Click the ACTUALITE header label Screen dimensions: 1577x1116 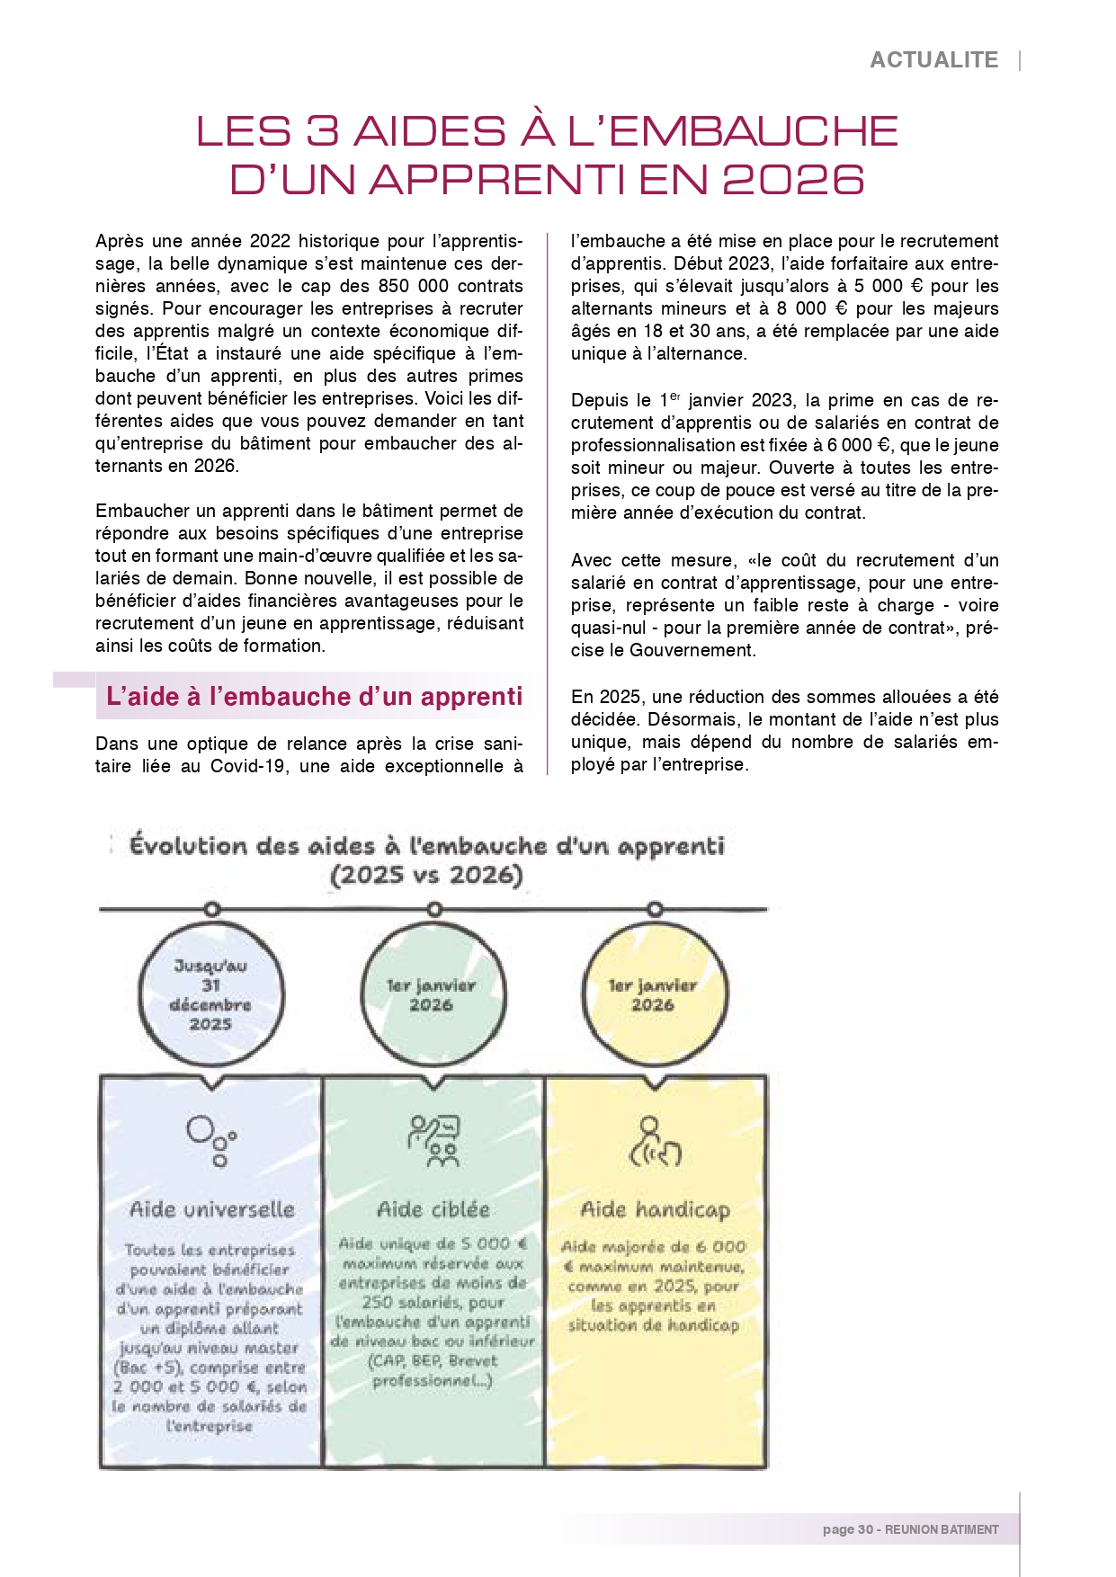933,60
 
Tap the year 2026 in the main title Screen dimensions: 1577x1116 793,180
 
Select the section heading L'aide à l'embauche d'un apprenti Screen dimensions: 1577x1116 314,697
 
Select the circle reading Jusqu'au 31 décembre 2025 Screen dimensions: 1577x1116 211,994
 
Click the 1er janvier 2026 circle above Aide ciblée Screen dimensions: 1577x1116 433,994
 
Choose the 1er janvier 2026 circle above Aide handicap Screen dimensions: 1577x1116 654,994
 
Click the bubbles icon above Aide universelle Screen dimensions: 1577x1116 211,1140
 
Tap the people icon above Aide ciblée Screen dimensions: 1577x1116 433,1140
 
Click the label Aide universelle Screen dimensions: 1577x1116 212,1209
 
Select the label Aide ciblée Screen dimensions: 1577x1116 433,1209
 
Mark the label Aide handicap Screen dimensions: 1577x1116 655,1210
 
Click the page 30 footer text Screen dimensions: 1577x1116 910,1529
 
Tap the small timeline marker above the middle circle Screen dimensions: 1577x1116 433,910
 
